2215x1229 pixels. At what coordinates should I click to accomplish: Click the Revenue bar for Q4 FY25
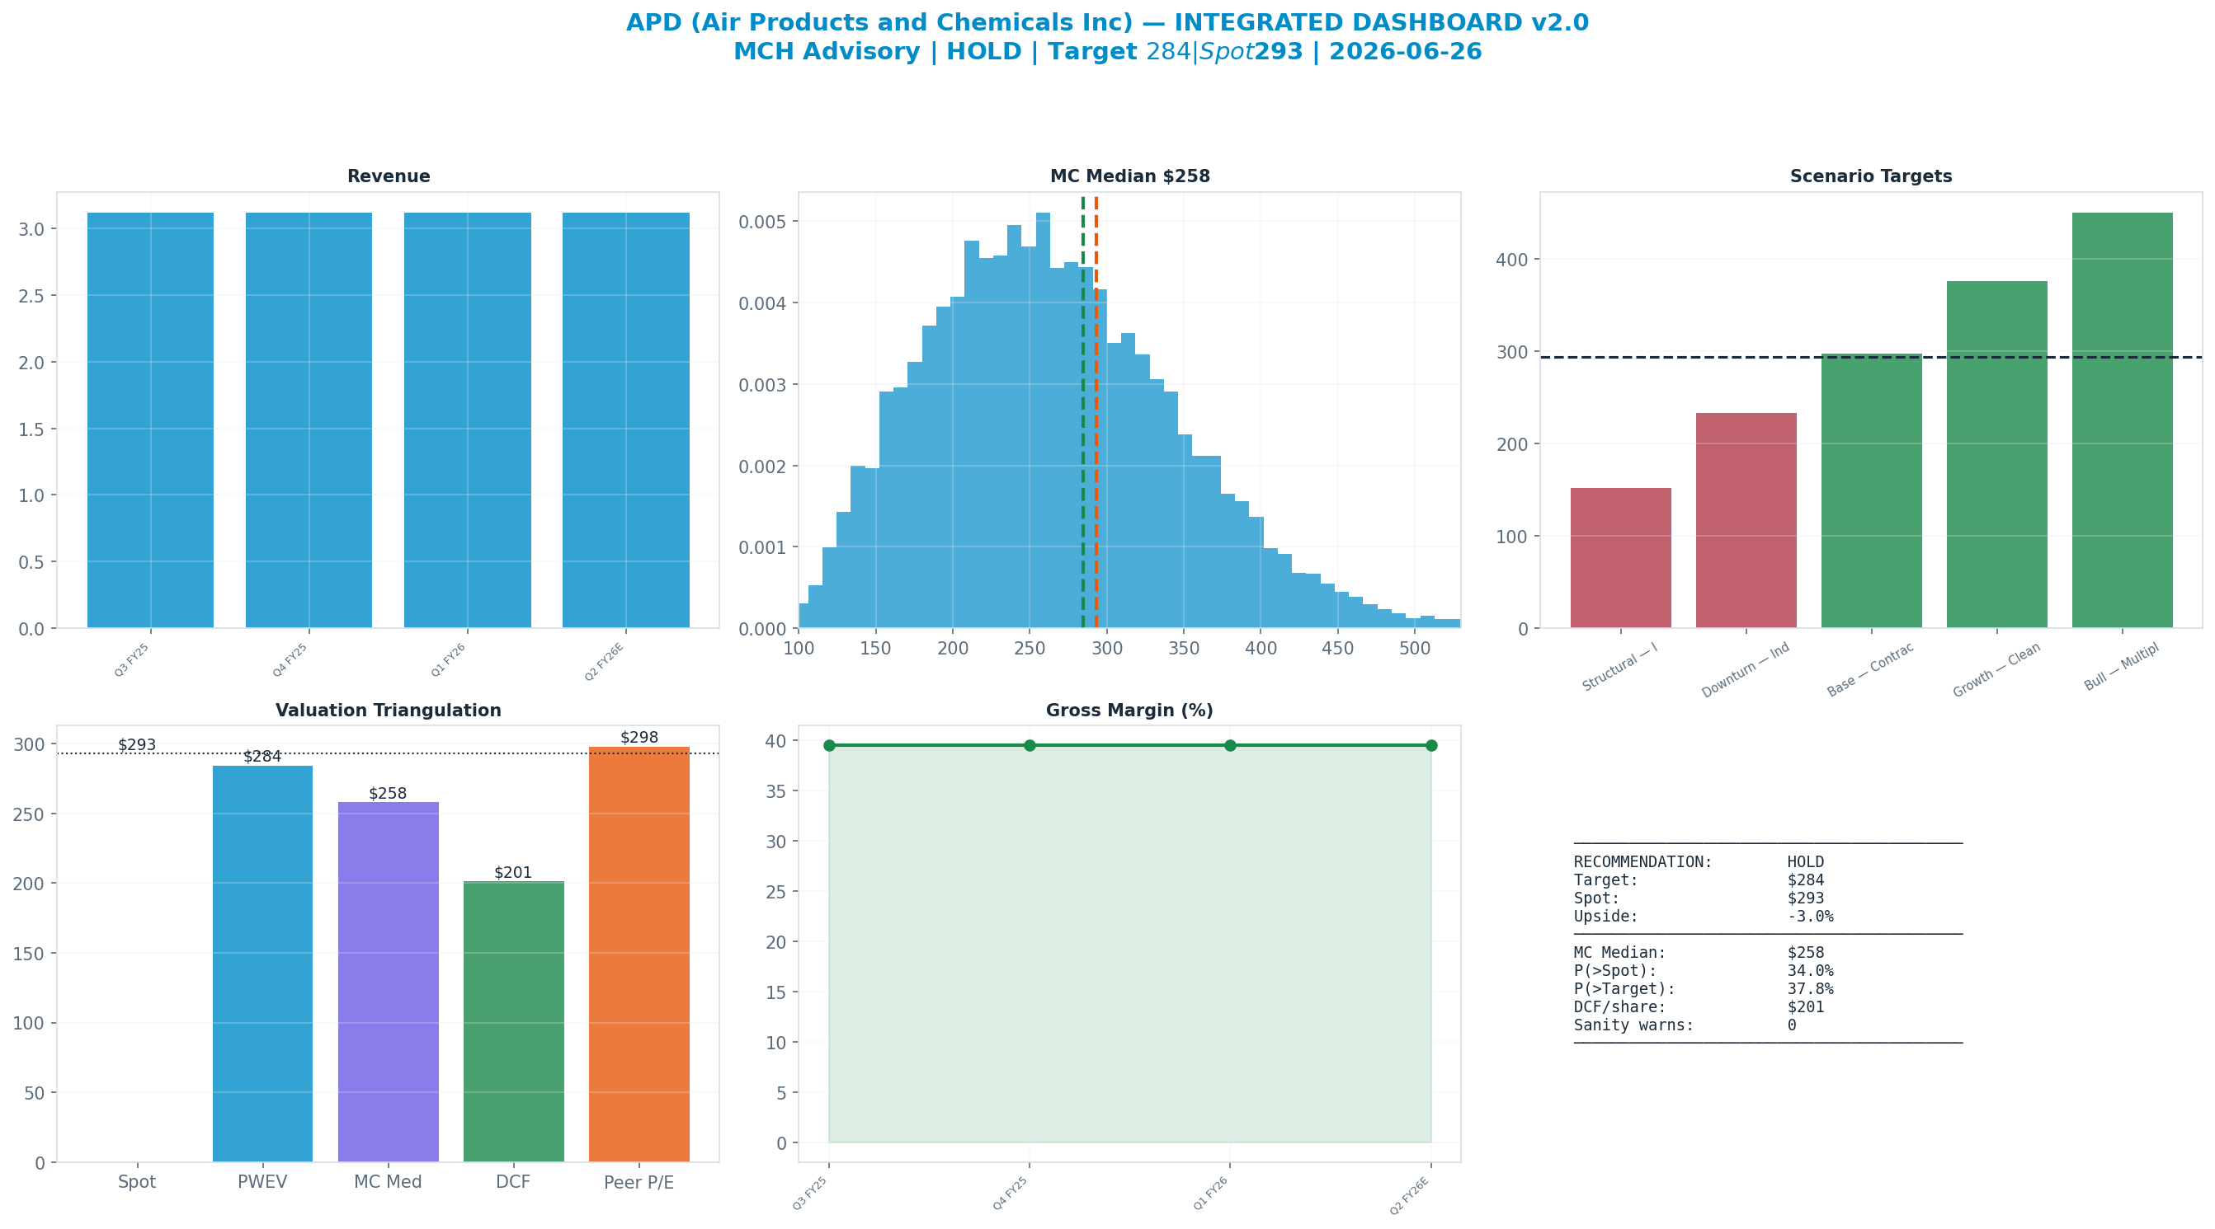tap(309, 420)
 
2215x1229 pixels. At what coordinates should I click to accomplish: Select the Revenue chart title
tap(389, 176)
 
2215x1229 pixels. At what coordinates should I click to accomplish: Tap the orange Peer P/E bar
tap(639, 954)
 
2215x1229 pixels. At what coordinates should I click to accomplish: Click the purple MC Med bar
tap(388, 982)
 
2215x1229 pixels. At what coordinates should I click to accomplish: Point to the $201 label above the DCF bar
tap(513, 872)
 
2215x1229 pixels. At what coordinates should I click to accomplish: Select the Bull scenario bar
tap(2122, 420)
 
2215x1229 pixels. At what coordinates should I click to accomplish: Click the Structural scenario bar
tap(1621, 558)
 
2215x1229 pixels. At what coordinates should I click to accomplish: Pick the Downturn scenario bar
tap(1746, 521)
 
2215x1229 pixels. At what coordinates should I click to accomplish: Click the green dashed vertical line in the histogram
tap(1082, 411)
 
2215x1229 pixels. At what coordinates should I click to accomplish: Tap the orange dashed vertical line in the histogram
tap(1096, 411)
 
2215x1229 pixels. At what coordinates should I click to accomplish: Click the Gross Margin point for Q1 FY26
tap(1231, 745)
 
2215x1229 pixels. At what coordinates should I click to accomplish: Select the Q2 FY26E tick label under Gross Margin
tap(1409, 1195)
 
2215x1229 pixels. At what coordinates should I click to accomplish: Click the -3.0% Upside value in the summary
tap(1810, 916)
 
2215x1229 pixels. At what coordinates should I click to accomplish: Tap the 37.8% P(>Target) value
tap(1810, 989)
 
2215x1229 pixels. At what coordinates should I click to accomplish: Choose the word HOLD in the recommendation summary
tap(1806, 862)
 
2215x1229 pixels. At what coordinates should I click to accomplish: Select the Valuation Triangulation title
tap(389, 711)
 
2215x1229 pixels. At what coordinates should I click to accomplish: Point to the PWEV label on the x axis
tap(262, 1182)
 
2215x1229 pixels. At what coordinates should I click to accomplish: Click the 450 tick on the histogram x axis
tap(1338, 648)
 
